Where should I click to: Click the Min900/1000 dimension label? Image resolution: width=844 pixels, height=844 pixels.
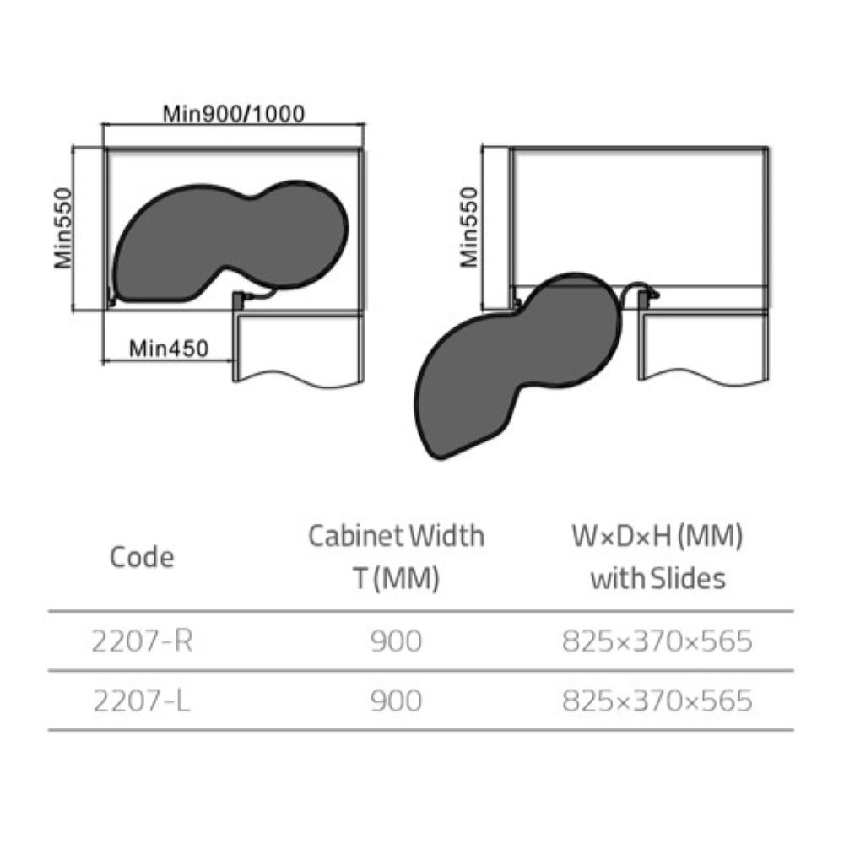[x=234, y=113]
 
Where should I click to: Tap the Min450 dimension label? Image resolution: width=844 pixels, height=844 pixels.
[x=169, y=347]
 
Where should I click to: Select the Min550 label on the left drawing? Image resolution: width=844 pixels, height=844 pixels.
[x=64, y=228]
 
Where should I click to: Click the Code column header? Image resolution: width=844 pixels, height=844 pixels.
[x=143, y=557]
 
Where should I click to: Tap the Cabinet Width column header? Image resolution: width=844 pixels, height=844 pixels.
[x=396, y=536]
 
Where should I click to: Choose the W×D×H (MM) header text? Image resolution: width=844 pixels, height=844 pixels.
[x=656, y=536]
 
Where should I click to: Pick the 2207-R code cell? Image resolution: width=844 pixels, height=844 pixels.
[x=143, y=642]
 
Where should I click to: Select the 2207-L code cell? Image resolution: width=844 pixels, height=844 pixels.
[x=143, y=701]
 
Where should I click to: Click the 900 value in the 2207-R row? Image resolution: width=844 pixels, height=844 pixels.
[x=395, y=642]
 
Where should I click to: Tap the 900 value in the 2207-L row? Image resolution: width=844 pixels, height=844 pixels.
[x=395, y=701]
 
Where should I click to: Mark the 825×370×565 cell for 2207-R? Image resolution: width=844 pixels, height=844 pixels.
[x=656, y=642]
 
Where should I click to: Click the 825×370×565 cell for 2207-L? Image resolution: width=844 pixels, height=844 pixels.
[x=656, y=701]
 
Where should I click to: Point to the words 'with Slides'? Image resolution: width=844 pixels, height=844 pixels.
[x=657, y=579]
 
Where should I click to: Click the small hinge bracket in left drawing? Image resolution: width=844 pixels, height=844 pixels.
[x=239, y=299]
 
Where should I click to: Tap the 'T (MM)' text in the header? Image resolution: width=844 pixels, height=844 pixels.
[x=395, y=580]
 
